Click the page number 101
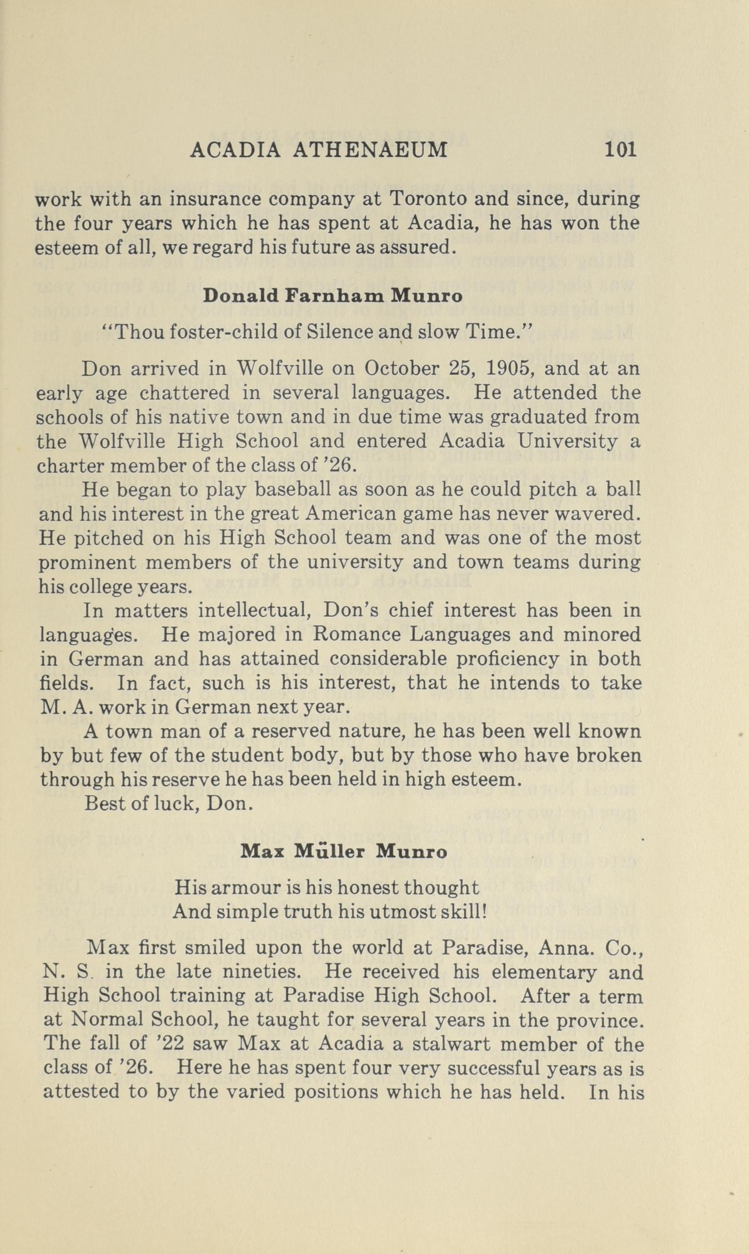tap(620, 150)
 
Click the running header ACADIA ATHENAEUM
tap(318, 150)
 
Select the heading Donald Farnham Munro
tap(332, 295)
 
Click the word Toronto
tap(428, 199)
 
